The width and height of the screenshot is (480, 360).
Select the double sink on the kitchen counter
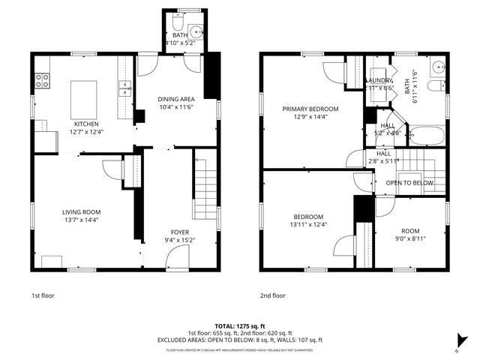[x=124, y=88]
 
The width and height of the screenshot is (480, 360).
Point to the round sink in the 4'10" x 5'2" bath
[x=196, y=31]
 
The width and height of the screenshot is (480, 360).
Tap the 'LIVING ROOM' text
[x=81, y=212]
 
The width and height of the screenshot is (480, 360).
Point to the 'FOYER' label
[x=179, y=232]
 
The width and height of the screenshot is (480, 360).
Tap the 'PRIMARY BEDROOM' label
[x=310, y=109]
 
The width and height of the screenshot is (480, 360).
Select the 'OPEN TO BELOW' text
[x=409, y=183]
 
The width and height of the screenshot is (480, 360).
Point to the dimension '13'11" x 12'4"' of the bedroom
[x=308, y=224]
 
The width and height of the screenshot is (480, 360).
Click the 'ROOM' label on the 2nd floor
[x=410, y=230]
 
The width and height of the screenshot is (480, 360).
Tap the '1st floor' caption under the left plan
[x=43, y=295]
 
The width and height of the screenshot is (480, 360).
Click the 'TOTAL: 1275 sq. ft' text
[x=240, y=326]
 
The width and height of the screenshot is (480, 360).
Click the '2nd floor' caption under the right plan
[x=273, y=295]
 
